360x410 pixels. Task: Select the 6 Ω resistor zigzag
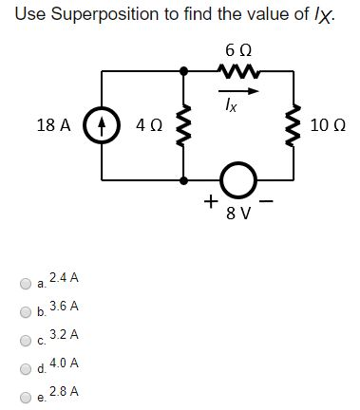pyautogui.click(x=234, y=69)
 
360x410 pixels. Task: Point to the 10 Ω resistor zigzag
pyautogui.click(x=290, y=123)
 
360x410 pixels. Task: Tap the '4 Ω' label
pyautogui.click(x=148, y=124)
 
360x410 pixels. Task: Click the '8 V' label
pyautogui.click(x=237, y=212)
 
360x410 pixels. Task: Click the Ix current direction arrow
pyautogui.click(x=234, y=91)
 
